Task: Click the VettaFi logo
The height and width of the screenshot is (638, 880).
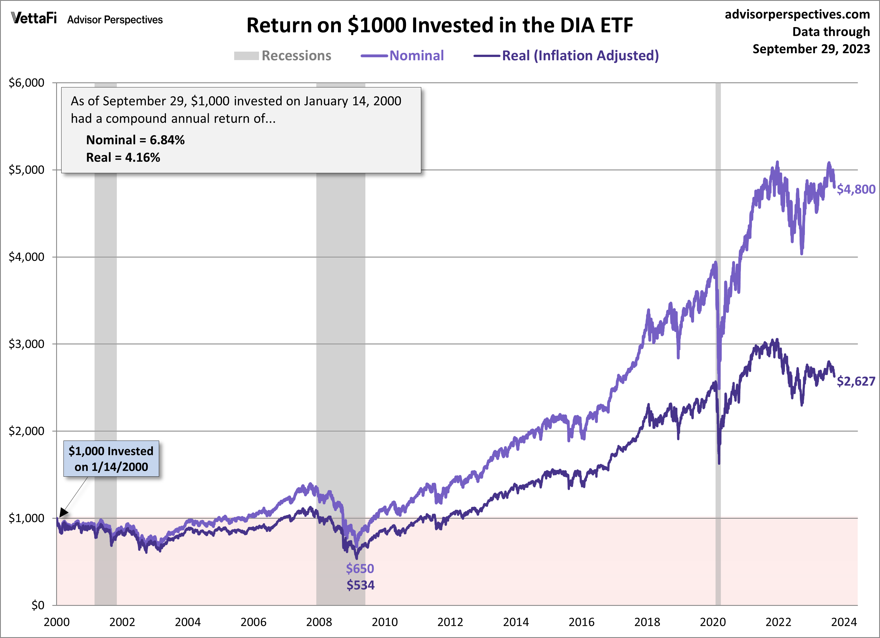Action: click(34, 18)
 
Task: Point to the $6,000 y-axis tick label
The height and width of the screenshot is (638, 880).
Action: click(27, 83)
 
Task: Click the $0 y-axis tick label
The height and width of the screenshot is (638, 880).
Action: click(38, 605)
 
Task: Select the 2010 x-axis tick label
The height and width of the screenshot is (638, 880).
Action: click(385, 622)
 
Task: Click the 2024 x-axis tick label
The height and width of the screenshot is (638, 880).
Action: click(844, 622)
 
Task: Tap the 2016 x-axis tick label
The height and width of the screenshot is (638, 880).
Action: click(581, 622)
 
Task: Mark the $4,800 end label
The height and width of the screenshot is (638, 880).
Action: click(855, 189)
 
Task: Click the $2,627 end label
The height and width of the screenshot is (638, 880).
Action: click(855, 381)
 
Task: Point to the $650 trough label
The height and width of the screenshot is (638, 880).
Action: click(360, 569)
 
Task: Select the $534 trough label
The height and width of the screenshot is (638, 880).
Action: click(361, 585)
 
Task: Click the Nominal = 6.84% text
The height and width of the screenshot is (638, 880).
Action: click(135, 140)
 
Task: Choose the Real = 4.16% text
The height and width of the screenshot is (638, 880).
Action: click(123, 157)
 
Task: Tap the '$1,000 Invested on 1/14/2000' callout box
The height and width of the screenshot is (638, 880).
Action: click(111, 458)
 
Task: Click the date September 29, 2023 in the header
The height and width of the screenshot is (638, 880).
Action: click(811, 49)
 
